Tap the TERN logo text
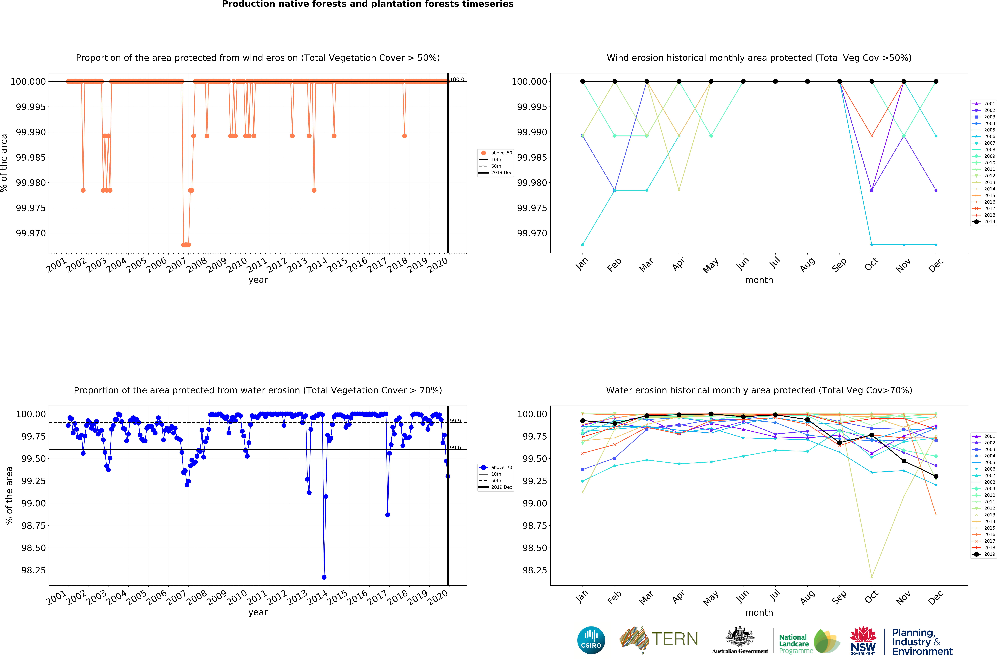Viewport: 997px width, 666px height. click(675, 639)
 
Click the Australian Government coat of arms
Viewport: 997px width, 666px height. click(740, 636)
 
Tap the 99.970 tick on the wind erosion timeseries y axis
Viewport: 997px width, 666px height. click(31, 233)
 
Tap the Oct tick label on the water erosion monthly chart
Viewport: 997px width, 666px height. click(871, 597)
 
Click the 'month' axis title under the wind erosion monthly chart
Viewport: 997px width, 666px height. click(759, 280)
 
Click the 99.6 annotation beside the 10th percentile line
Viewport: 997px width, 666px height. click(455, 448)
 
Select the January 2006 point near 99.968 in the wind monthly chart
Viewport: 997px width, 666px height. click(583, 245)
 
